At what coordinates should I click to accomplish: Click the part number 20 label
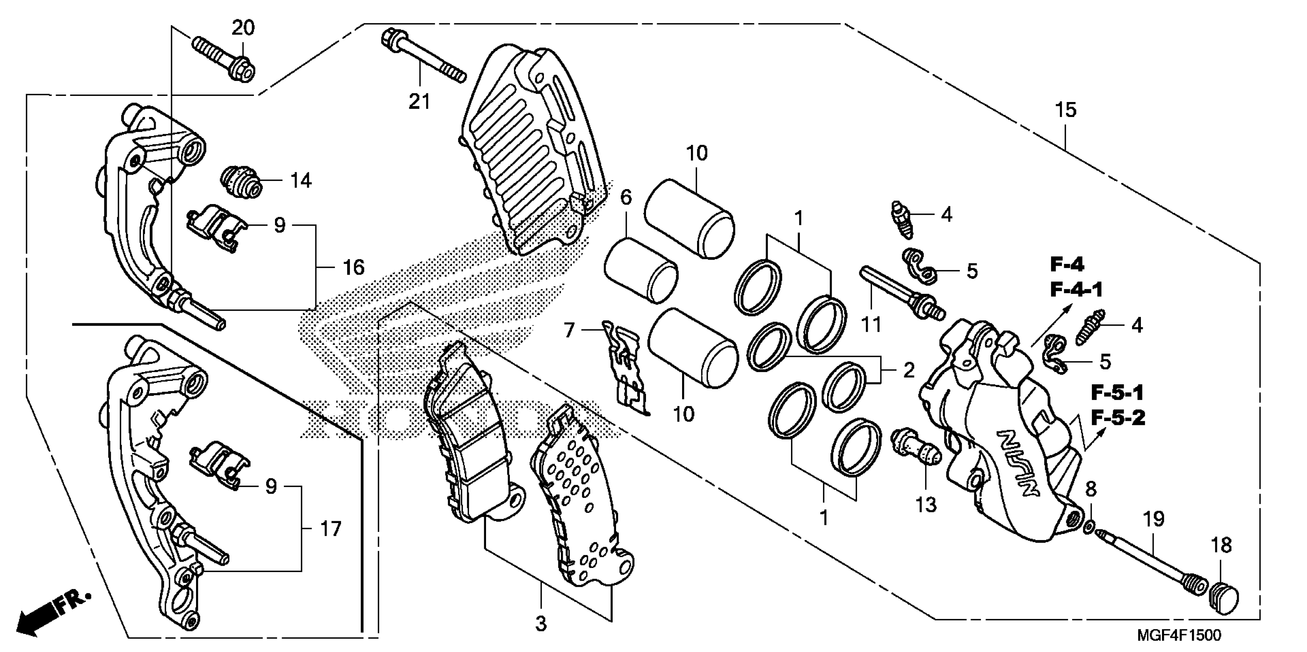click(243, 28)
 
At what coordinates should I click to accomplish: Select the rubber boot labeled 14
click(241, 182)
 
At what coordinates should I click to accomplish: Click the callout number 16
click(353, 267)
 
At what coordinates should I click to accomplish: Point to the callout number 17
click(331, 529)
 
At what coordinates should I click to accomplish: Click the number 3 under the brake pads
click(541, 624)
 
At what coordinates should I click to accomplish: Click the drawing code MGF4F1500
click(1178, 635)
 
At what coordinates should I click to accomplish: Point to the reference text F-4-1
click(1076, 290)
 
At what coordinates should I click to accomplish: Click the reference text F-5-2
click(1118, 418)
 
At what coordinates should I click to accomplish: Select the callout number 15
click(1065, 110)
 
